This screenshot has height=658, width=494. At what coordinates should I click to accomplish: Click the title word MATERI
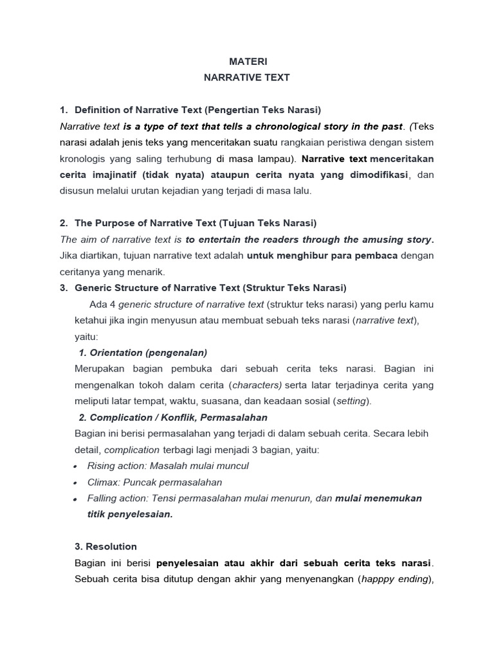coord(246,62)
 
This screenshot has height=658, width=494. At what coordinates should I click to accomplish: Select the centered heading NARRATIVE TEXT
coord(246,78)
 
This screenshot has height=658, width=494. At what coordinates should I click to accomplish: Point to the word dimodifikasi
coord(374,175)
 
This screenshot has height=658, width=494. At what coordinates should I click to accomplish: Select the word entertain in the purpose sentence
coord(224,240)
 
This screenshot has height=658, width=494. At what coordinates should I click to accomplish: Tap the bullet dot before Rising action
coord(76,467)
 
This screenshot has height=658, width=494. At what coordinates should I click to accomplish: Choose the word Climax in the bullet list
coord(103,482)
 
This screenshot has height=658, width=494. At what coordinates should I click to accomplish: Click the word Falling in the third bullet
coord(103,499)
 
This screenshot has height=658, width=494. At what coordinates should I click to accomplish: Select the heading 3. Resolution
coord(106,547)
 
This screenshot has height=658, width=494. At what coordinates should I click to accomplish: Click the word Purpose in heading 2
coord(113,223)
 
